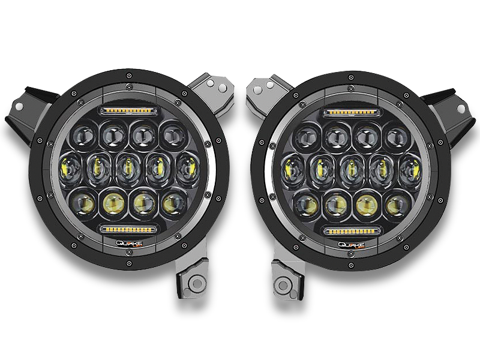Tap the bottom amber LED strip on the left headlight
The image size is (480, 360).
point(128,228)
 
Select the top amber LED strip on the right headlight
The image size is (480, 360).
point(352,112)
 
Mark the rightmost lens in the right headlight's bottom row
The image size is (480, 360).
point(395,204)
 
